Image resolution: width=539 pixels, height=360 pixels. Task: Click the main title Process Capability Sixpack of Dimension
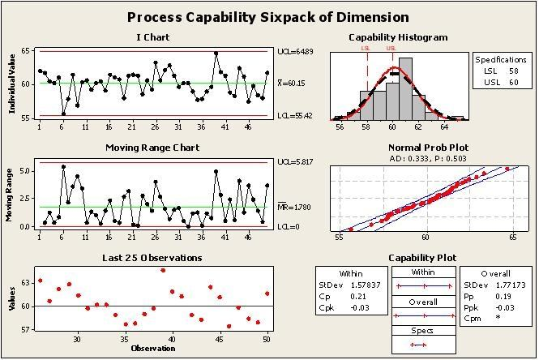268,17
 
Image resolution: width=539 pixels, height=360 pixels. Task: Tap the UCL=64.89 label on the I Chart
293,51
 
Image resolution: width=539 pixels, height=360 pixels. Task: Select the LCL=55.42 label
293,117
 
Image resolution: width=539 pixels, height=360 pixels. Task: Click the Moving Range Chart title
152,148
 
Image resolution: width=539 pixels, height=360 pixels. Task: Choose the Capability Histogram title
397,37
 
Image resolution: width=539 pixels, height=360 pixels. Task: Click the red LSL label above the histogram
366,49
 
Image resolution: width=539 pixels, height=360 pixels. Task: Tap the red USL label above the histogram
392,49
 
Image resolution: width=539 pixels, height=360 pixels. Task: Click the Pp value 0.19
506,297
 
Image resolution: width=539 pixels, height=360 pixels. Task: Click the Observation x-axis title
152,349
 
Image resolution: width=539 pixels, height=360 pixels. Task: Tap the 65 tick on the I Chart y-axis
26,51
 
